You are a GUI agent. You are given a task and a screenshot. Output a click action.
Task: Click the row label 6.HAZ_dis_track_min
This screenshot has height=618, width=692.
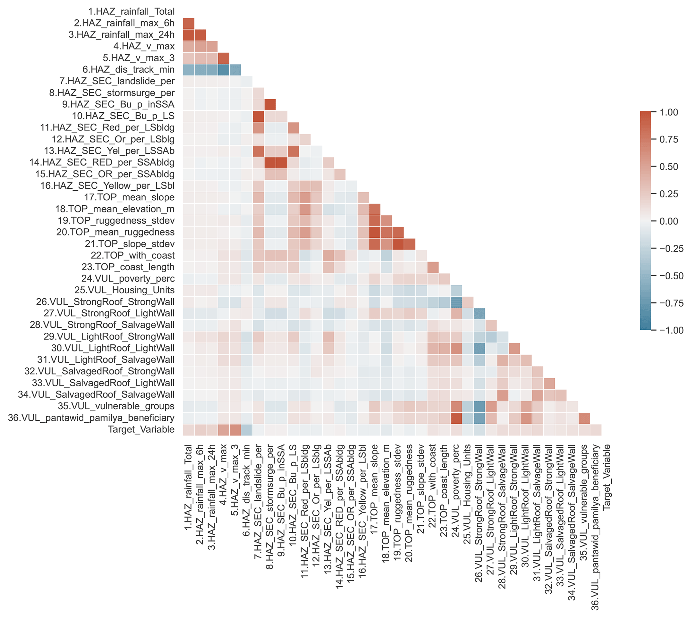128,70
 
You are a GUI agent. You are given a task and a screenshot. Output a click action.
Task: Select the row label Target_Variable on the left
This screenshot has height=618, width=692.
141,429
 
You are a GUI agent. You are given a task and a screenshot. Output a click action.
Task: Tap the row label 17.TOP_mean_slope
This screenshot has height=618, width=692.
129,197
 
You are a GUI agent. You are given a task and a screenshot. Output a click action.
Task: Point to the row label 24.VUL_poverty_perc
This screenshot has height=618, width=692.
128,279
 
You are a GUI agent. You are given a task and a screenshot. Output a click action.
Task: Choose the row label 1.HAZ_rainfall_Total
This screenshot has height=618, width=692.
131,12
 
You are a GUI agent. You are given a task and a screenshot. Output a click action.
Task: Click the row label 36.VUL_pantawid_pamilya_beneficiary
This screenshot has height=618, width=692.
91,418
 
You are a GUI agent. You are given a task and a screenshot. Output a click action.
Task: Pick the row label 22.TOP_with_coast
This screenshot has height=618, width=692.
133,255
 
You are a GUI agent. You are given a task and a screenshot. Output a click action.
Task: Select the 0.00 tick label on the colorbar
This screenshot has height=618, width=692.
669,221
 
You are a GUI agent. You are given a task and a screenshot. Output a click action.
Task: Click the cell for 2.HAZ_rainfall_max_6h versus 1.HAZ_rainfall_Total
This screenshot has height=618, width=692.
188,23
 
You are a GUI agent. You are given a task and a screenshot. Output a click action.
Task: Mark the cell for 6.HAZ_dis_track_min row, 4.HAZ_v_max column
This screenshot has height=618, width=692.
223,70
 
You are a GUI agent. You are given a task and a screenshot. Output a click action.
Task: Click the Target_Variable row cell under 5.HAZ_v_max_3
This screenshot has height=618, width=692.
235,429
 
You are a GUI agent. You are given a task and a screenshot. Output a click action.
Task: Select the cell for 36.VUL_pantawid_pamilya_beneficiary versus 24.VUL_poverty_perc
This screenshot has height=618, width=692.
456,418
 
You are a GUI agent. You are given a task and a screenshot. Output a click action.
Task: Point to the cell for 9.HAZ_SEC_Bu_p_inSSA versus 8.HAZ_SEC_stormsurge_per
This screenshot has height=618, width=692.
270,105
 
